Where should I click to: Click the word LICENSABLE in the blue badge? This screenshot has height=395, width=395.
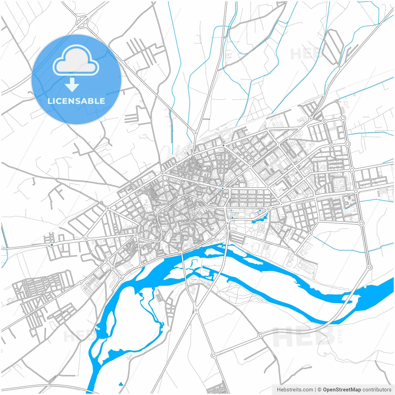coord(76,101)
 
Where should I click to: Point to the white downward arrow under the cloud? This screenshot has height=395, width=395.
coord(72,85)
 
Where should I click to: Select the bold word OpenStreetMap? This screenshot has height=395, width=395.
coord(342,390)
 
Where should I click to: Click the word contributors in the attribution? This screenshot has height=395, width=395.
coord(377,390)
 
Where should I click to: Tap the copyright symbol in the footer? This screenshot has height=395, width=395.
coord(320,390)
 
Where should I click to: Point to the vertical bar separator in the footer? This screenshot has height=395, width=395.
coord(315,390)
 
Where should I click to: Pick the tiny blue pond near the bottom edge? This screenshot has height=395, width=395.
coord(121,384)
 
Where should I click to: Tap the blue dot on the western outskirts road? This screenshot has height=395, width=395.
coord(52,245)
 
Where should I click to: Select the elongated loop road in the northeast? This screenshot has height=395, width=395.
coord(333,46)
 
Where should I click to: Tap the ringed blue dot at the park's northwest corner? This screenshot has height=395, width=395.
coord(231,210)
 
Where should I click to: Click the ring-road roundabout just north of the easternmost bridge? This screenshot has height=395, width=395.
coord(369,267)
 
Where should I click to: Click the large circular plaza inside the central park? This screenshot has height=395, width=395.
coord(261,229)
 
